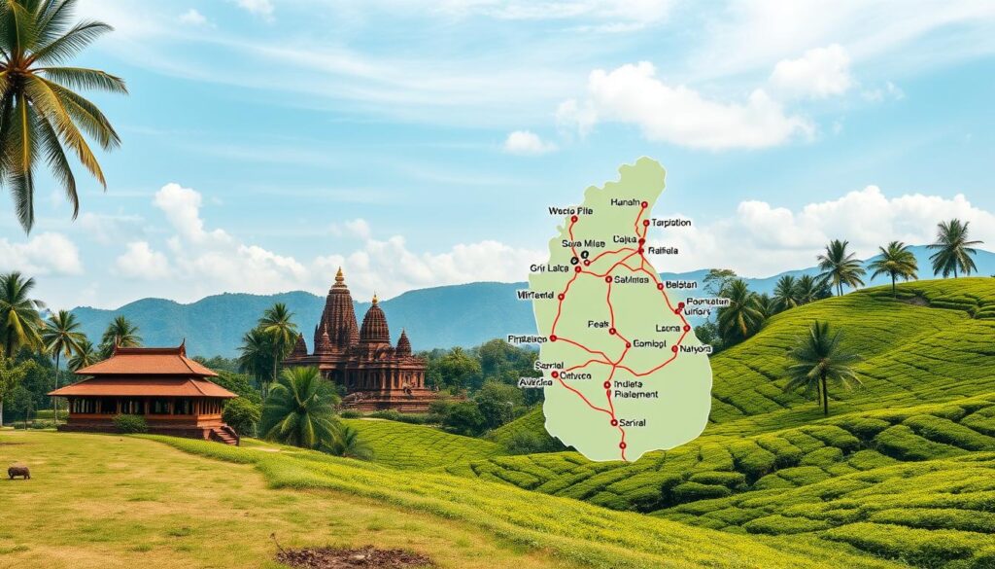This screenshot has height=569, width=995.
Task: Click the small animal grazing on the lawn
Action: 18,473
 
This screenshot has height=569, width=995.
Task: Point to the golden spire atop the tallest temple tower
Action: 339,276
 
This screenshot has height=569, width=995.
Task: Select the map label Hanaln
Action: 626,202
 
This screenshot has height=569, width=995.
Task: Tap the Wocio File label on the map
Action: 569,210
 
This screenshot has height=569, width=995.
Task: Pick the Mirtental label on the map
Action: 535,294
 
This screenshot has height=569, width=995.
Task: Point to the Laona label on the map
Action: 669,328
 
